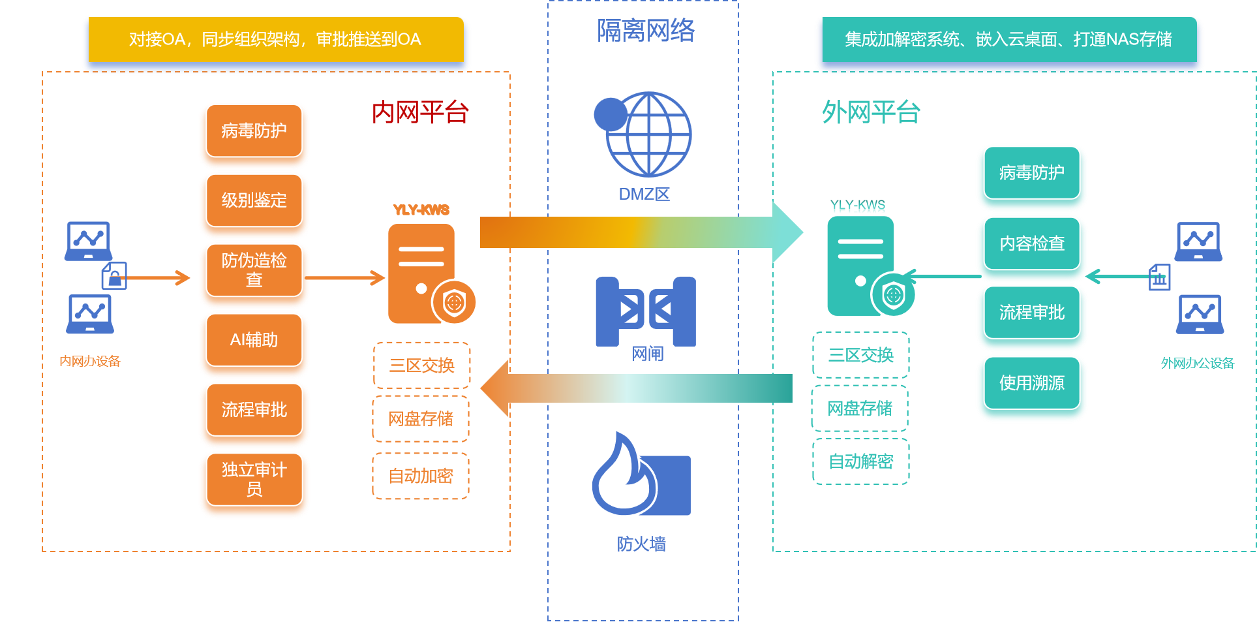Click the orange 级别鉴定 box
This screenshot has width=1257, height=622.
254,200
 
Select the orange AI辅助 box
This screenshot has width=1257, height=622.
254,340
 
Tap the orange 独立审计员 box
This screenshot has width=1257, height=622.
254,480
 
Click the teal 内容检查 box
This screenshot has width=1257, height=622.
1031,243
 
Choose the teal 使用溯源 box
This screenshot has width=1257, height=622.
1031,382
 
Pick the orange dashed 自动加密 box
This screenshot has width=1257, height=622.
421,476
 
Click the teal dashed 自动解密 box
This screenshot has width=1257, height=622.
860,461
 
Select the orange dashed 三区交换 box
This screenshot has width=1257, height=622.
421,365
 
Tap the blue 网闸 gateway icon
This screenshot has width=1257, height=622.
646,311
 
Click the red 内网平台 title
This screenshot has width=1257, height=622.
420,113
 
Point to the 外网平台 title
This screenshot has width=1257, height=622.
871,112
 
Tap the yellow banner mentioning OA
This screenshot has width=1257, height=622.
275,40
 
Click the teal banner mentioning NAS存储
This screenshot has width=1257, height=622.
1008,40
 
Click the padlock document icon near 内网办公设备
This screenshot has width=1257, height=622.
114,275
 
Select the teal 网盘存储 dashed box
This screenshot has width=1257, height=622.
860,409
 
